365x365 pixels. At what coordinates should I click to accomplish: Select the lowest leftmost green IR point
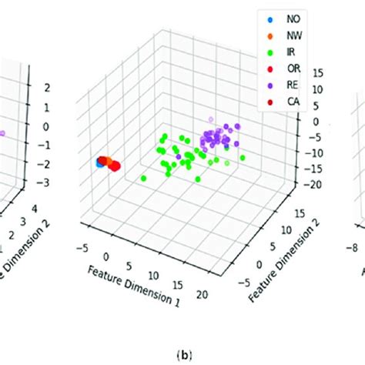point(144,178)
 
